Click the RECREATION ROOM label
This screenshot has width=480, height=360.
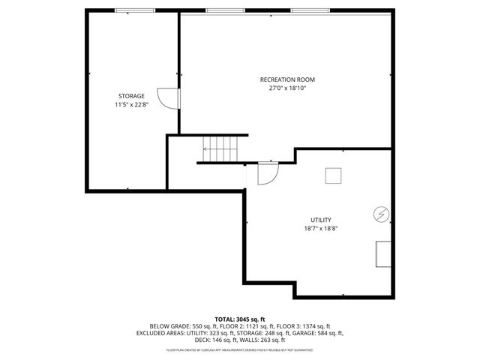pos(287,79)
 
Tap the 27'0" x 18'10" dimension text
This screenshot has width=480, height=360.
pos(287,88)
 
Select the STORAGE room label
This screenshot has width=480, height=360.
pos(131,96)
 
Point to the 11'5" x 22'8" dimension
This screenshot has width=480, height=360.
pos(131,105)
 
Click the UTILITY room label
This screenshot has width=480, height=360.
pos(321,220)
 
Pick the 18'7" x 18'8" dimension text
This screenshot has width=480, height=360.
pos(321,229)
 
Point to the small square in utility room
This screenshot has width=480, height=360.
pos(333,175)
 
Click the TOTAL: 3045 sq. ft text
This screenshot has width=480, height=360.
pos(240,319)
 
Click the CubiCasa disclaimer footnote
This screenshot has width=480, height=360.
pos(240,349)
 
